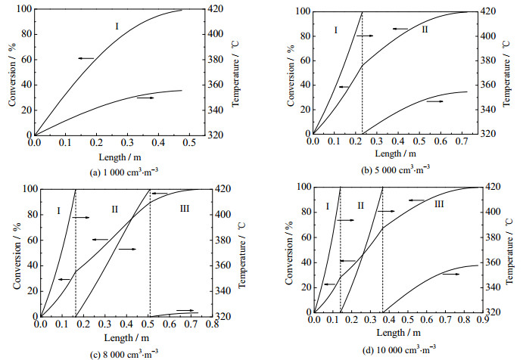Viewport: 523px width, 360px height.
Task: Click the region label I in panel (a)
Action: (x=117, y=26)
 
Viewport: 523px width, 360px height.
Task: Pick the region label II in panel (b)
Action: (x=425, y=29)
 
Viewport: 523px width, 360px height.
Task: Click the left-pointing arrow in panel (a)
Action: (x=85, y=57)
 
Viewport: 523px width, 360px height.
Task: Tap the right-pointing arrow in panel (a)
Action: (x=145, y=98)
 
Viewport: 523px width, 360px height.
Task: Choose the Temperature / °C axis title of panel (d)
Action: (x=518, y=249)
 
